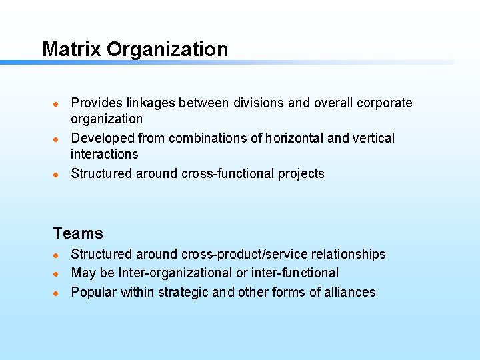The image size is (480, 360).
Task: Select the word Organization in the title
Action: pyautogui.click(x=167, y=50)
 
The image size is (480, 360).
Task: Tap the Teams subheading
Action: pyautogui.click(x=78, y=233)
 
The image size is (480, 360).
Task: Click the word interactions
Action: pyautogui.click(x=105, y=154)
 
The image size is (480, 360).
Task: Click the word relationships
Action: pyautogui.click(x=347, y=254)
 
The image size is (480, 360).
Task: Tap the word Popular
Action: pyautogui.click(x=94, y=292)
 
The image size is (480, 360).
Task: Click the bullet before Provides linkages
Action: pyautogui.click(x=57, y=103)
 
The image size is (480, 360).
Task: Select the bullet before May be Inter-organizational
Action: pyautogui.click(x=57, y=273)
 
